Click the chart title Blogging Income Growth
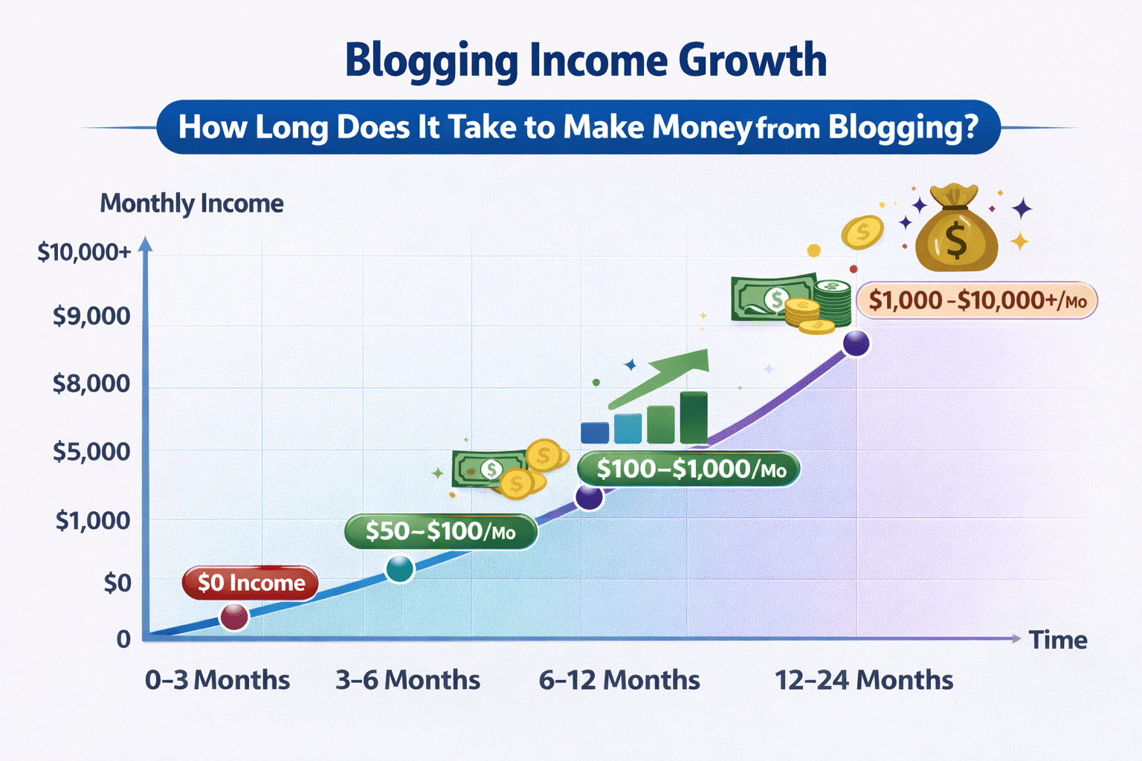tap(586, 61)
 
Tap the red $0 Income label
tap(251, 583)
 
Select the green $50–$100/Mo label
tap(441, 531)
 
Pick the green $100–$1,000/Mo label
tap(688, 468)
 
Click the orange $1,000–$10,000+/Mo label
tap(977, 300)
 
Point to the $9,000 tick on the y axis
tap(91, 317)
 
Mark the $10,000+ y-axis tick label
tap(85, 253)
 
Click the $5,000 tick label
tap(91, 452)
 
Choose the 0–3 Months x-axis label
tap(218, 680)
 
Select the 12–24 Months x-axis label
tap(864, 680)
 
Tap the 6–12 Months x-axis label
tap(619, 680)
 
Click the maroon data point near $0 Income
tap(234, 618)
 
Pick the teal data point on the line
tap(400, 569)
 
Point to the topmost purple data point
tap(856, 343)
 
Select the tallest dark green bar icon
tap(694, 418)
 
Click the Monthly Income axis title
tap(192, 204)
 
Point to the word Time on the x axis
tap(1059, 640)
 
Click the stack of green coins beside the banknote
tap(833, 303)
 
